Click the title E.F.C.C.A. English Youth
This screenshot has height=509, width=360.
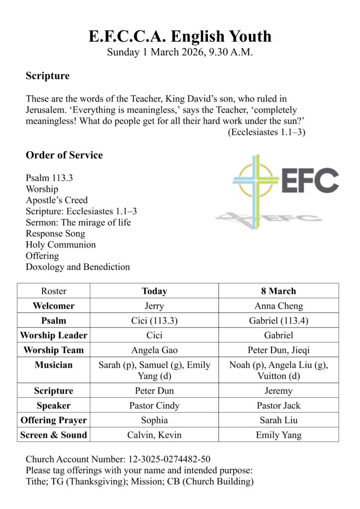(x=180, y=36)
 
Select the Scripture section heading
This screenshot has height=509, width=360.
(x=48, y=76)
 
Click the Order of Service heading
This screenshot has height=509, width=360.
(x=64, y=155)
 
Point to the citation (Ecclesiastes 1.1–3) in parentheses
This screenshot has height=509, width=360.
(x=267, y=132)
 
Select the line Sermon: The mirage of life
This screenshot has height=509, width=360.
(x=78, y=222)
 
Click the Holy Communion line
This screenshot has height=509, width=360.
(x=61, y=245)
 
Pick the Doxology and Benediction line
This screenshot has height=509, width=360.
(x=78, y=267)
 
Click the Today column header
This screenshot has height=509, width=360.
(x=154, y=291)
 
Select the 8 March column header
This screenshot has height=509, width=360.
(x=278, y=291)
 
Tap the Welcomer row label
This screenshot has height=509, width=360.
(x=54, y=306)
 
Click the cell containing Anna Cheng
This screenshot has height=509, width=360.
(x=278, y=306)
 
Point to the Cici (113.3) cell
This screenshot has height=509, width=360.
(x=154, y=321)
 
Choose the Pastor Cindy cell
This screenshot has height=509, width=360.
(x=154, y=406)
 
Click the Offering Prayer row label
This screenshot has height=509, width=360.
(x=54, y=420)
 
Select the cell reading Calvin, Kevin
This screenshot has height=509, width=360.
(x=154, y=435)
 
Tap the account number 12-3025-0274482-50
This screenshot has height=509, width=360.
(x=162, y=459)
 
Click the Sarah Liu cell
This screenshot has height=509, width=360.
(x=278, y=420)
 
